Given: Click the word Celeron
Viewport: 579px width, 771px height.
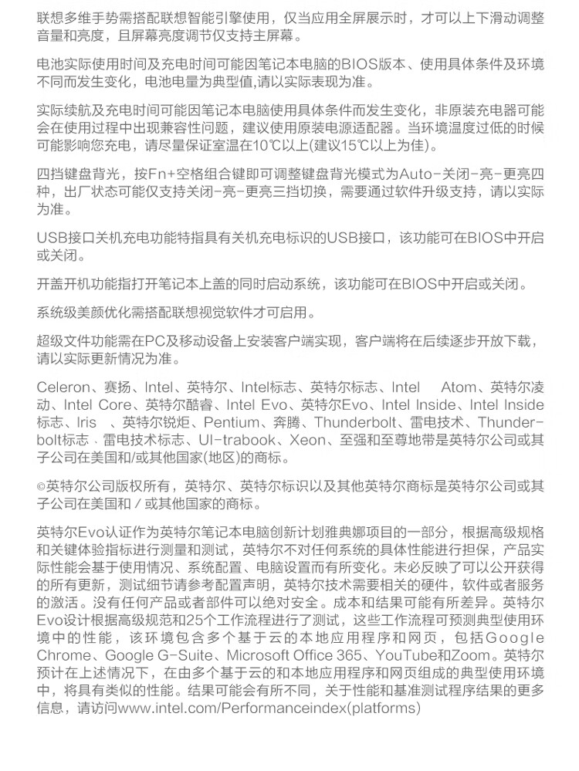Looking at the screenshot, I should click(x=64, y=387).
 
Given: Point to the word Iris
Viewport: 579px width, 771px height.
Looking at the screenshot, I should click(x=86, y=423).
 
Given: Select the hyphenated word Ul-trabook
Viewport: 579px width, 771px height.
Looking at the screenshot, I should click(x=237, y=441).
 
